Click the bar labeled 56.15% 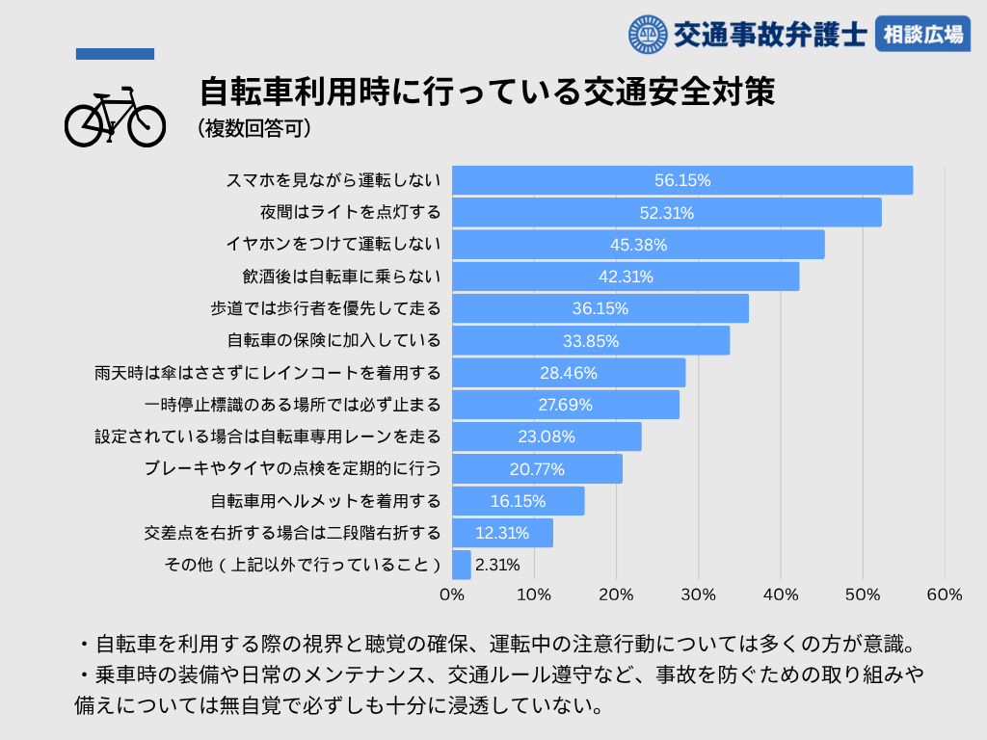[681, 180]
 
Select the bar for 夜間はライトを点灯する [666, 212]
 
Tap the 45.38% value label [638, 245]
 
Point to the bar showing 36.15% [600, 308]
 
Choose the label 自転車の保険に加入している [333, 340]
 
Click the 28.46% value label [569, 373]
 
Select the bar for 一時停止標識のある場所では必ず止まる [565, 405]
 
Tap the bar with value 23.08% [547, 436]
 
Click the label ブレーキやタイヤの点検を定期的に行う [292, 469]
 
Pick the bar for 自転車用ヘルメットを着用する [518, 501]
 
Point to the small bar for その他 [461, 565]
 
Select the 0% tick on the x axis [452, 595]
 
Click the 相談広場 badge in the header [922, 35]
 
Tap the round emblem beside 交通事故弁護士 [647, 35]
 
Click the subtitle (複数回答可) [253, 127]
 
